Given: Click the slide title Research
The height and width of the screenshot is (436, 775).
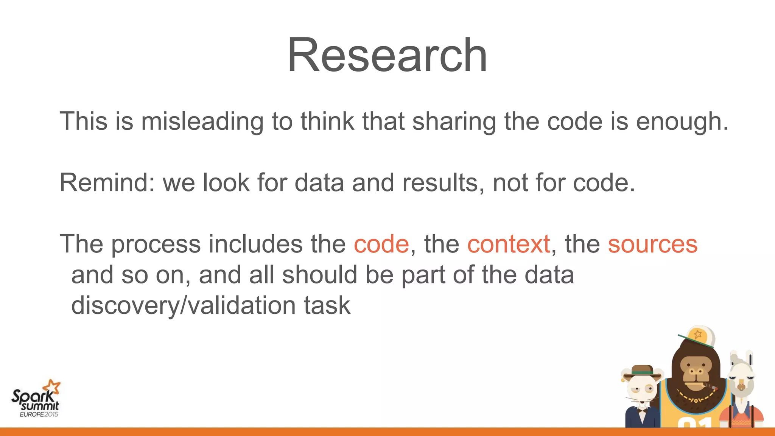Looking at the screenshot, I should click(387, 55).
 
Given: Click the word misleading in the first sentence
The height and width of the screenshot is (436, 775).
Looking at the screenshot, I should click(202, 121).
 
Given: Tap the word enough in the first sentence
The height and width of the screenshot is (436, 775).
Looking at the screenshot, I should click(682, 121).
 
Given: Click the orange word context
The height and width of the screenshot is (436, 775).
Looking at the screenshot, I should click(508, 244).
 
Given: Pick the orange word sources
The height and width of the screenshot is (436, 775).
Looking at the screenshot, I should click(652, 244).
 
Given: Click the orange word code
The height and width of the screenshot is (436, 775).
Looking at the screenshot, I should click(381, 244).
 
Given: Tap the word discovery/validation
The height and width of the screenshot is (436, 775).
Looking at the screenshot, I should click(183, 305).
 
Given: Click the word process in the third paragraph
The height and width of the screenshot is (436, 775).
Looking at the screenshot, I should click(156, 244).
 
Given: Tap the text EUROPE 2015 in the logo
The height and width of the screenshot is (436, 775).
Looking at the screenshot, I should click(39, 414).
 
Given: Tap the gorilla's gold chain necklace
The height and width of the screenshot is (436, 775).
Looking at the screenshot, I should click(694, 398).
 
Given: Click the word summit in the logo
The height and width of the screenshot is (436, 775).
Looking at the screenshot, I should click(40, 406).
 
